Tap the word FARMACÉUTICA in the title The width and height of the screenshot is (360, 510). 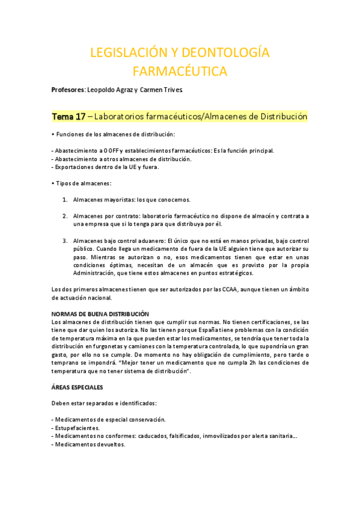180,72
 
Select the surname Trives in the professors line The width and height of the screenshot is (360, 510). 177,90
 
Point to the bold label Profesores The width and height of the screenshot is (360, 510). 69,90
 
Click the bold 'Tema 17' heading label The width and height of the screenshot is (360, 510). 69,116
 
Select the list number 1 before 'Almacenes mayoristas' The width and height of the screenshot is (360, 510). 65,199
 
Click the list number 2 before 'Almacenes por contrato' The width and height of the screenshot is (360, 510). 65,215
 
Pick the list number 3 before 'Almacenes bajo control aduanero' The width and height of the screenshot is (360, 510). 65,240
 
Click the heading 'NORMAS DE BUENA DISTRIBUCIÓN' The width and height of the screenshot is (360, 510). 100,314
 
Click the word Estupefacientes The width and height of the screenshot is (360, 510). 79,427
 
